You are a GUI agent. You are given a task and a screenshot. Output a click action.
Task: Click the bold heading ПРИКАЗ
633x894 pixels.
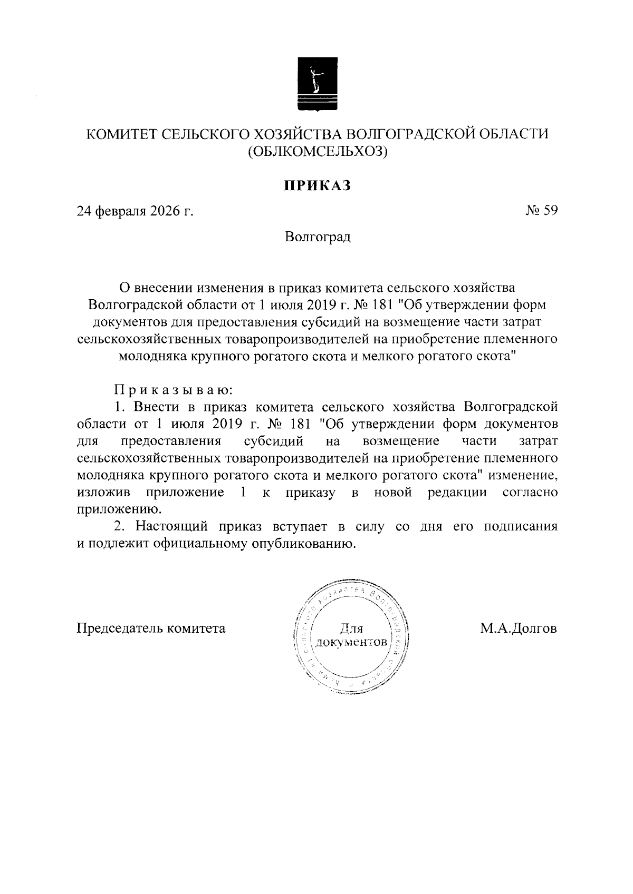318,185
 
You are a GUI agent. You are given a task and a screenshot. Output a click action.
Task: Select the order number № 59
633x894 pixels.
541,211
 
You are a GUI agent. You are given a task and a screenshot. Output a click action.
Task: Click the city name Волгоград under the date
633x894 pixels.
318,237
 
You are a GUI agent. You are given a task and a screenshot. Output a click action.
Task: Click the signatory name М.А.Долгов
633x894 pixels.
519,628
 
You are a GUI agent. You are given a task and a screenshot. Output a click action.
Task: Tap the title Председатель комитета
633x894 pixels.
151,628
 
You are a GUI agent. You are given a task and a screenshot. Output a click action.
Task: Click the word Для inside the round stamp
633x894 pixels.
351,628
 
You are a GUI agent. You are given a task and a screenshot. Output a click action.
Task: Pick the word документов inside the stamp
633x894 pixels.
351,643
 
